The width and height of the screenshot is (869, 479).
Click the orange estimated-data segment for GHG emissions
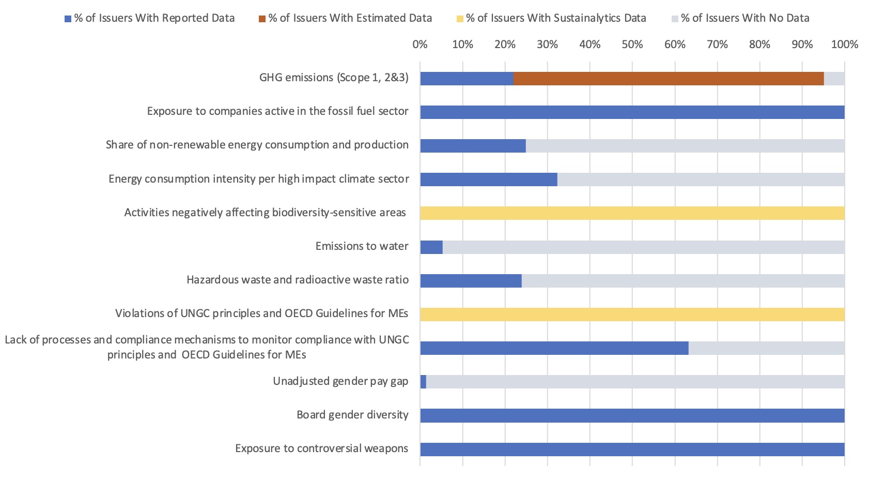coord(668,79)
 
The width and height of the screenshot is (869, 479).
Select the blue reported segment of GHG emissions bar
coord(467,79)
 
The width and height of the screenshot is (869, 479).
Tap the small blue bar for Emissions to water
coord(431,247)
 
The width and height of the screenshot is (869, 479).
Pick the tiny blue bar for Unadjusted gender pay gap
coord(423,382)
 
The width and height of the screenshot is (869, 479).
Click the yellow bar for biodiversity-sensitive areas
coord(632,213)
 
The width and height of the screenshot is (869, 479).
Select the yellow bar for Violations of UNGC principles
coord(632,315)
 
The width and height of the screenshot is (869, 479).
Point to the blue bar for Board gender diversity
coord(632,415)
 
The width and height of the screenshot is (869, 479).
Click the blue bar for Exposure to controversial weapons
coord(632,449)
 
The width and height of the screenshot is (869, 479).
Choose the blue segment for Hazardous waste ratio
coord(471,281)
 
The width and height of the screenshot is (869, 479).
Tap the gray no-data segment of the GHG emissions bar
coord(834,79)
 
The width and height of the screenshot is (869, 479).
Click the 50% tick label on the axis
coord(632,44)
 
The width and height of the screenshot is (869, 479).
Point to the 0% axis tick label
coord(420,44)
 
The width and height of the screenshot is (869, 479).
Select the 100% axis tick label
coord(844,44)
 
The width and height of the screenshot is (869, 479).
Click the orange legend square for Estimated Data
coord(262,19)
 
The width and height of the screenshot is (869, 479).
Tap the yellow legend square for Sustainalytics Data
coord(460,19)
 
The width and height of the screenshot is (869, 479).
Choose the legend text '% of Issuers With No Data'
coord(745,18)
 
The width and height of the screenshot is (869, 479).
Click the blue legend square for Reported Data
coord(68,19)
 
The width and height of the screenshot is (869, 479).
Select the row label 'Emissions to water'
coord(362,246)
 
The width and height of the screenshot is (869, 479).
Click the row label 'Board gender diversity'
coord(352,415)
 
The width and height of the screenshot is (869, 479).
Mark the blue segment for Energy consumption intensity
coord(488,179)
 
